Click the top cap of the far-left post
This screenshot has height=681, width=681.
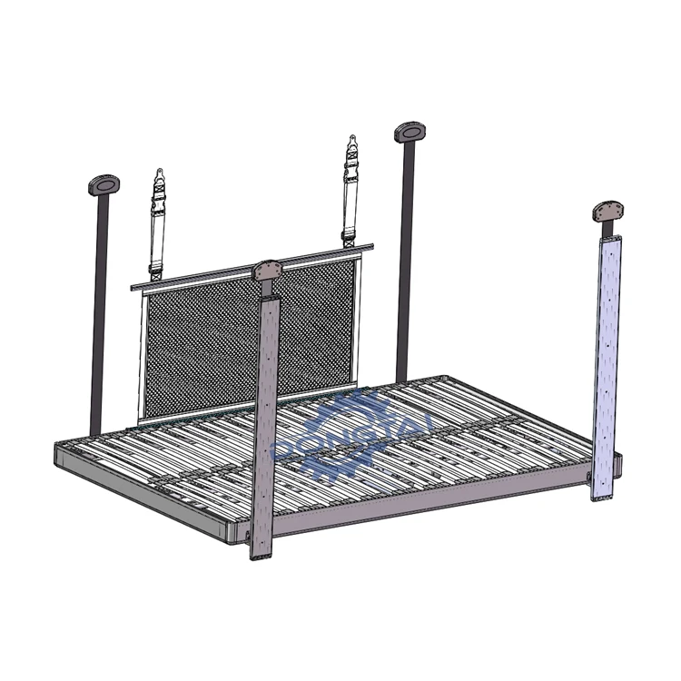tap(102, 185)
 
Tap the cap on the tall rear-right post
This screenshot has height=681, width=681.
tap(411, 133)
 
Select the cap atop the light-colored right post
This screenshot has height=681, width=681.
tap(610, 211)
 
